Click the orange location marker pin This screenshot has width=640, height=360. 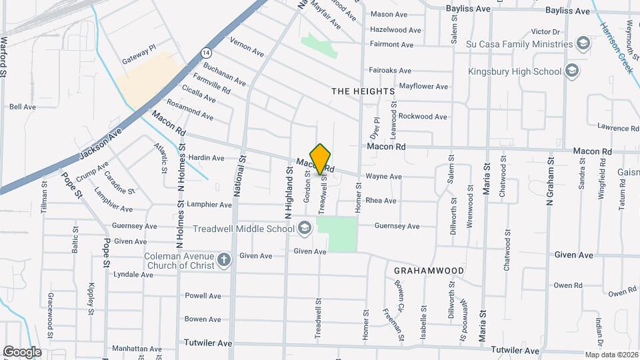[x=321, y=159]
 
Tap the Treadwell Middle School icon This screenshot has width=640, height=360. [x=304, y=229]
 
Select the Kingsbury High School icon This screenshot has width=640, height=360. [x=571, y=71]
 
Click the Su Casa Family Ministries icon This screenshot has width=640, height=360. [x=583, y=44]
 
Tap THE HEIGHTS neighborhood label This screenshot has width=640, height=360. [x=363, y=91]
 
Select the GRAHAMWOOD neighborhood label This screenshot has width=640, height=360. [x=428, y=271]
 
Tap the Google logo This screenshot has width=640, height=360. [x=22, y=351]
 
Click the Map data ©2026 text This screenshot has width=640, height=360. [x=611, y=355]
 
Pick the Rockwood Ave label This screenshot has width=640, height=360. [x=423, y=117]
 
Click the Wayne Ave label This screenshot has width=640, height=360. [x=383, y=177]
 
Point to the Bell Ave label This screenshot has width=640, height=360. [x=23, y=107]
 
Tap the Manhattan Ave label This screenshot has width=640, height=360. [x=137, y=349]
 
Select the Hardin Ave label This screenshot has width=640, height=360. [x=207, y=159]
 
